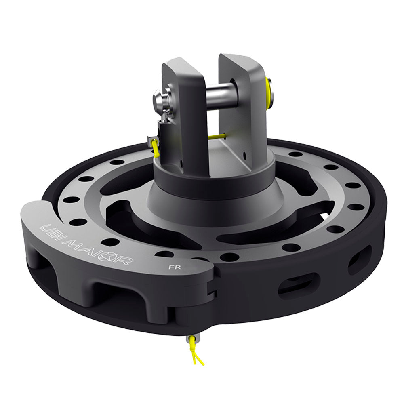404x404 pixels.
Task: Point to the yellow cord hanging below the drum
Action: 197,356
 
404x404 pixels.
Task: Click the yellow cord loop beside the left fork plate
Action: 155,147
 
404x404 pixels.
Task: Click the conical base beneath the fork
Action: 210,202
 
